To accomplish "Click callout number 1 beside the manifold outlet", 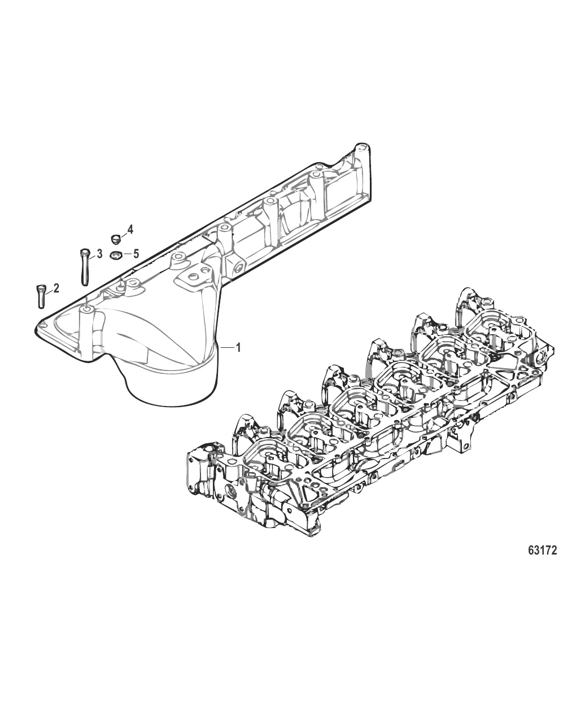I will (x=238, y=348).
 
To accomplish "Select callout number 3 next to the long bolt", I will (x=99, y=254).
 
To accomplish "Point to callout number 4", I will (x=130, y=229).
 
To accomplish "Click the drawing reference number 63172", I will (x=542, y=550).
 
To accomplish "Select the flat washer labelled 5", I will (x=116, y=255).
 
